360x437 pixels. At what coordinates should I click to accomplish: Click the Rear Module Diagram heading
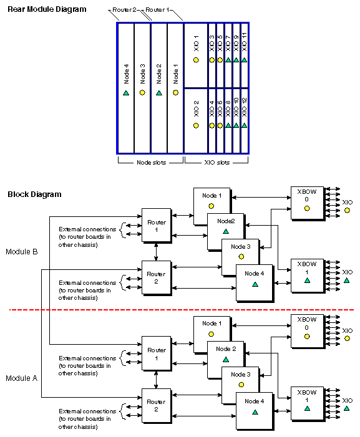pyautogui.click(x=47, y=9)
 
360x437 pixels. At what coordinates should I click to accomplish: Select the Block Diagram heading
pyautogui.click(x=34, y=194)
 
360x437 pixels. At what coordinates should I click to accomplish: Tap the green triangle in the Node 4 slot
pyautogui.click(x=126, y=93)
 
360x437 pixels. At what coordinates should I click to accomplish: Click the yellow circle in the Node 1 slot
pyautogui.click(x=175, y=93)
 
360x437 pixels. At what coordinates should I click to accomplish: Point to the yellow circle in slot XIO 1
pyautogui.click(x=196, y=60)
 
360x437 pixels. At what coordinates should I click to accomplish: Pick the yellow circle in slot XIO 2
pyautogui.click(x=196, y=125)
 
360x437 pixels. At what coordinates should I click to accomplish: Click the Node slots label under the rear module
pyautogui.click(x=150, y=163)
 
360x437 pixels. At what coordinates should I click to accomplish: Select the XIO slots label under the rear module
pyautogui.click(x=216, y=163)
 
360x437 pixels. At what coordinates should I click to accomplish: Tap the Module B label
pyautogui.click(x=21, y=252)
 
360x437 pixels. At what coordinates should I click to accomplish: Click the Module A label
pyautogui.click(x=21, y=378)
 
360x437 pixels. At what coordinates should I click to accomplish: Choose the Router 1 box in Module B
pyautogui.click(x=156, y=225)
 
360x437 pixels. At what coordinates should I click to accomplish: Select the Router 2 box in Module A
pyautogui.click(x=156, y=405)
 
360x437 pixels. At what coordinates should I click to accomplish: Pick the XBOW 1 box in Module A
pyautogui.click(x=307, y=402)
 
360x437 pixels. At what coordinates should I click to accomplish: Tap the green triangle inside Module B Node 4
pyautogui.click(x=255, y=284)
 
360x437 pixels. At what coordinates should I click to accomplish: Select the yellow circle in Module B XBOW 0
pyautogui.click(x=307, y=209)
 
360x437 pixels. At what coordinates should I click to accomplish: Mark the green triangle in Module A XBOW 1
pyautogui.click(x=307, y=408)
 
